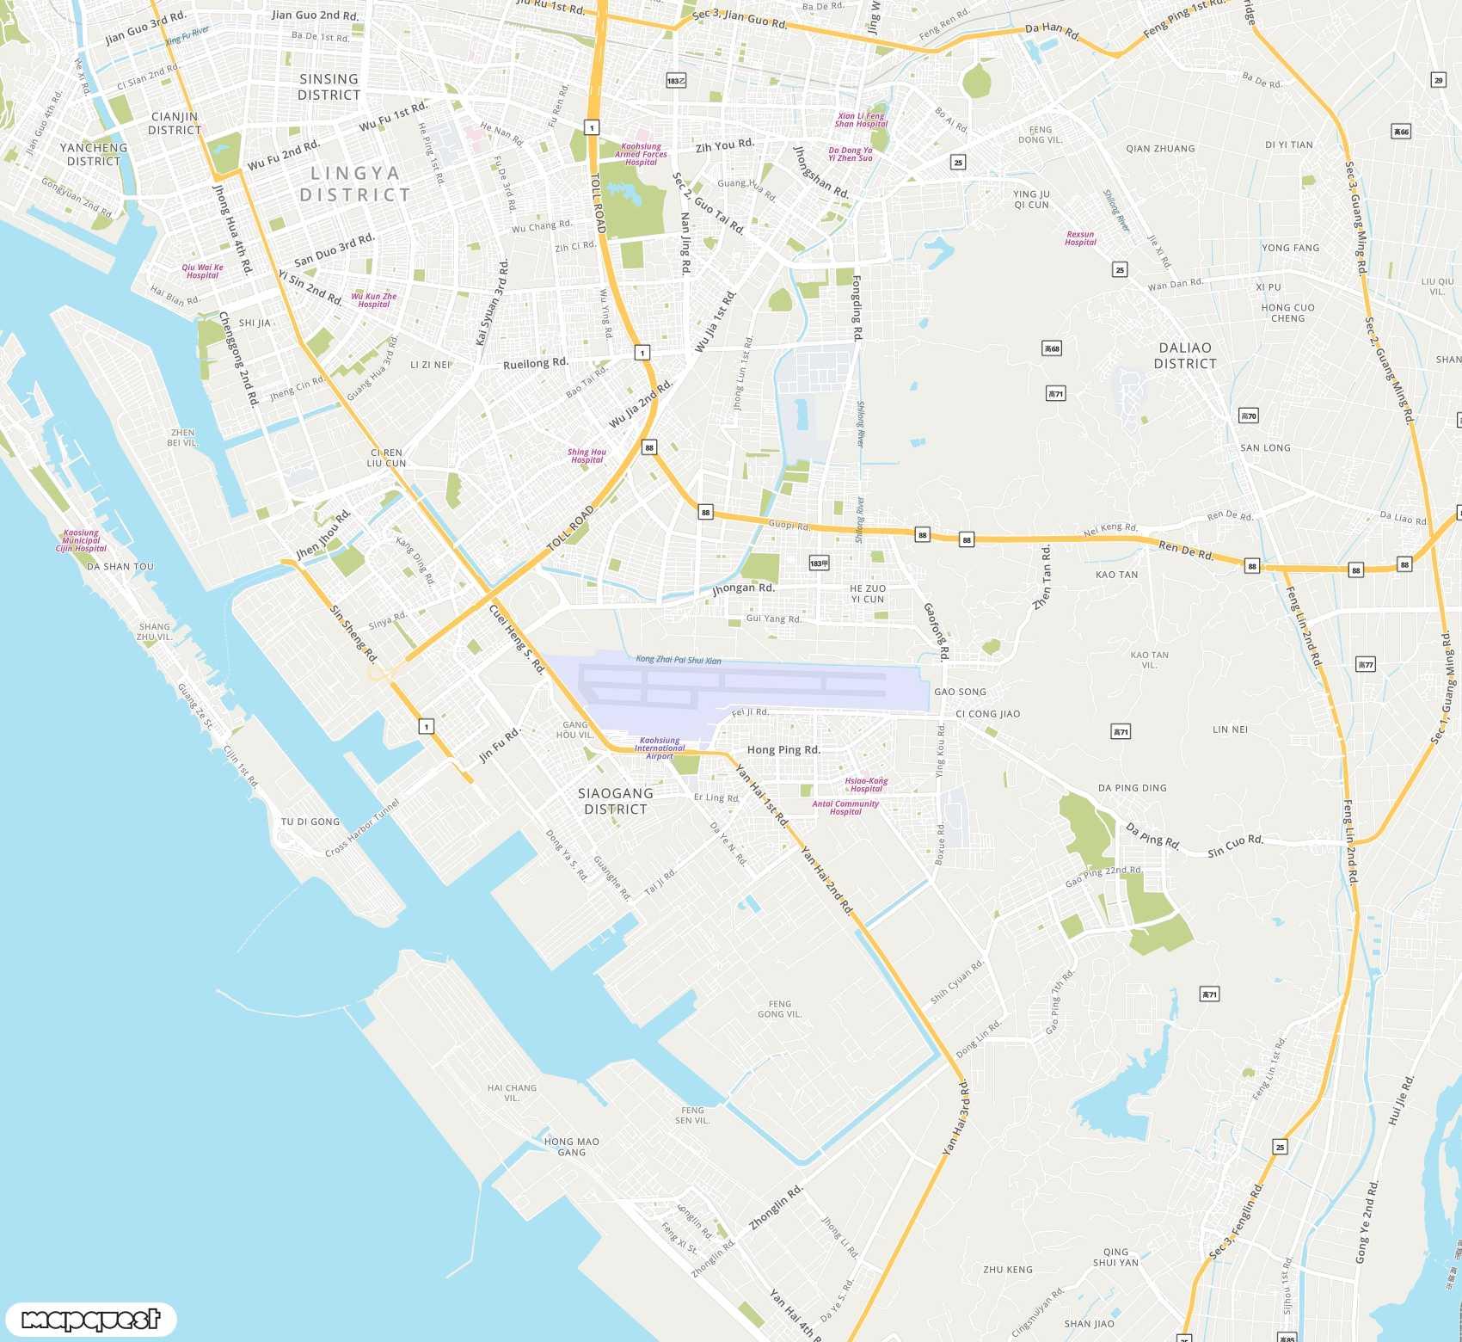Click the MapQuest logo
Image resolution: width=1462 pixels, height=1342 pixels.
90,1319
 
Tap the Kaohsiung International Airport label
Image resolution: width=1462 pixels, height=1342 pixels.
660,748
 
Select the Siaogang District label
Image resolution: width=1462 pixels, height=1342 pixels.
616,801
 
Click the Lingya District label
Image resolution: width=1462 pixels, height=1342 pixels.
354,184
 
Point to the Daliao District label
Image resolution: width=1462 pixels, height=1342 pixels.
1185,355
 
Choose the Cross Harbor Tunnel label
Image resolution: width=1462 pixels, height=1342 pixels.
362,828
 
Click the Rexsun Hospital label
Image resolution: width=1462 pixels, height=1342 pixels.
1080,238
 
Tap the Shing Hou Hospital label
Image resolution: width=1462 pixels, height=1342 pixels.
587,456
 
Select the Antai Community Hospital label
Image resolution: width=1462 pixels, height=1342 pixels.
845,808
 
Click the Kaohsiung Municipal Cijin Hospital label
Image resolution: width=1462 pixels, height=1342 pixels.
82,540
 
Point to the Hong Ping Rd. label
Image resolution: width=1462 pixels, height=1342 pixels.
783,750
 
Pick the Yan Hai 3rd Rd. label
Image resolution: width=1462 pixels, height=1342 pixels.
955,1117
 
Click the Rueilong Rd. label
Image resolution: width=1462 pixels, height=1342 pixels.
536,363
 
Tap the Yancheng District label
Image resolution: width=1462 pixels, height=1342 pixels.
94,154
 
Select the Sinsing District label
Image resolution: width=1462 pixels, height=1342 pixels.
329,87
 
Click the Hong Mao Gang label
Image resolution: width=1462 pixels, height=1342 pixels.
572,1147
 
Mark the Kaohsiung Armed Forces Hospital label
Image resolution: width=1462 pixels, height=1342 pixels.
641,154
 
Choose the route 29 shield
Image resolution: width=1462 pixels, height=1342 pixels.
1439,80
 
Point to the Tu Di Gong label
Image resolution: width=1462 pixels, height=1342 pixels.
310,822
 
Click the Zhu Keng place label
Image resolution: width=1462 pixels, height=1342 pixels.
1008,1269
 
